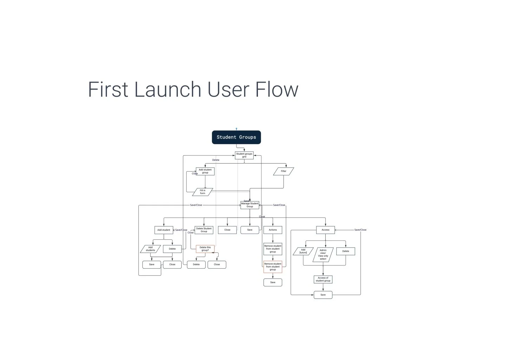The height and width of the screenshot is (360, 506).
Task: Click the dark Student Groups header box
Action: (x=236, y=137)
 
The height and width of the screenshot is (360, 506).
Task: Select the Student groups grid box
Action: (x=244, y=155)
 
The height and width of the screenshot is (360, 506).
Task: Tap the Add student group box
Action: (x=205, y=171)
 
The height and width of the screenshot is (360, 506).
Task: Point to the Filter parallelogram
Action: (x=284, y=171)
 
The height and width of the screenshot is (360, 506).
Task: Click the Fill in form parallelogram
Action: (x=203, y=192)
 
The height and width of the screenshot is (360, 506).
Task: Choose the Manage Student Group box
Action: (x=250, y=205)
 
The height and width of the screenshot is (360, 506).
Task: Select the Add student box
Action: (x=164, y=230)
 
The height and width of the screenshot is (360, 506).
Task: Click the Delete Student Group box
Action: (x=204, y=230)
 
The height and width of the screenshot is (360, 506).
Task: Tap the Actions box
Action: (x=273, y=230)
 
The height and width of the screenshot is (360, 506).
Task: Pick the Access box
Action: (x=325, y=230)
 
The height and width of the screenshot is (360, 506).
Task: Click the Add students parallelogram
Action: (x=150, y=249)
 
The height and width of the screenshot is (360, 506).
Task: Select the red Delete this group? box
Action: (x=205, y=249)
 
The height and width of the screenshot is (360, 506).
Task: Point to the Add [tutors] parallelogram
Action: (x=303, y=251)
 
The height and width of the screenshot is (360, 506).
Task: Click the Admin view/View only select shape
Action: (x=323, y=255)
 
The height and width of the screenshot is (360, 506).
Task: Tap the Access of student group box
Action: (x=323, y=279)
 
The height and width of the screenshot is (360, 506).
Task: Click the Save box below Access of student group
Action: (x=323, y=295)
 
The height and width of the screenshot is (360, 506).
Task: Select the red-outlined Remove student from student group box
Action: (x=273, y=267)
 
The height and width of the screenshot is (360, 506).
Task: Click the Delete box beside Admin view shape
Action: (x=346, y=251)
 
